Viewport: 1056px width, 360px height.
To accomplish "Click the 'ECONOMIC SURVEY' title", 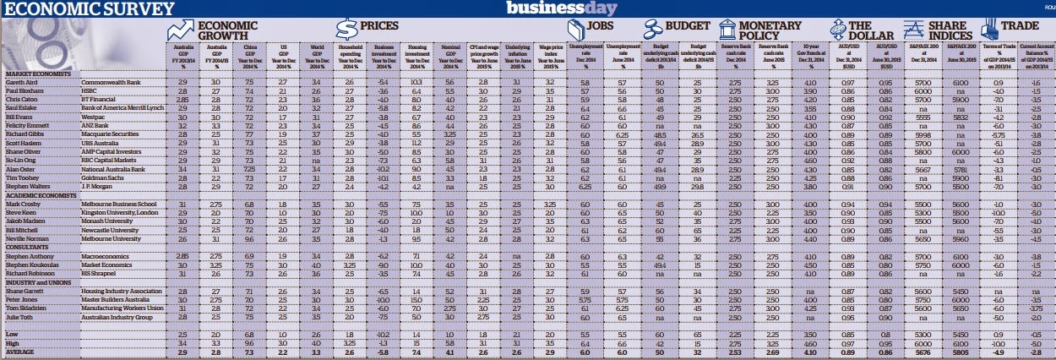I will (x=88, y=10).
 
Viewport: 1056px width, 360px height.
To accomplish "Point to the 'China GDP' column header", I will (x=248, y=57).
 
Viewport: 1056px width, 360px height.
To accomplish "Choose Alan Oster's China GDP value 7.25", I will (x=248, y=169).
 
